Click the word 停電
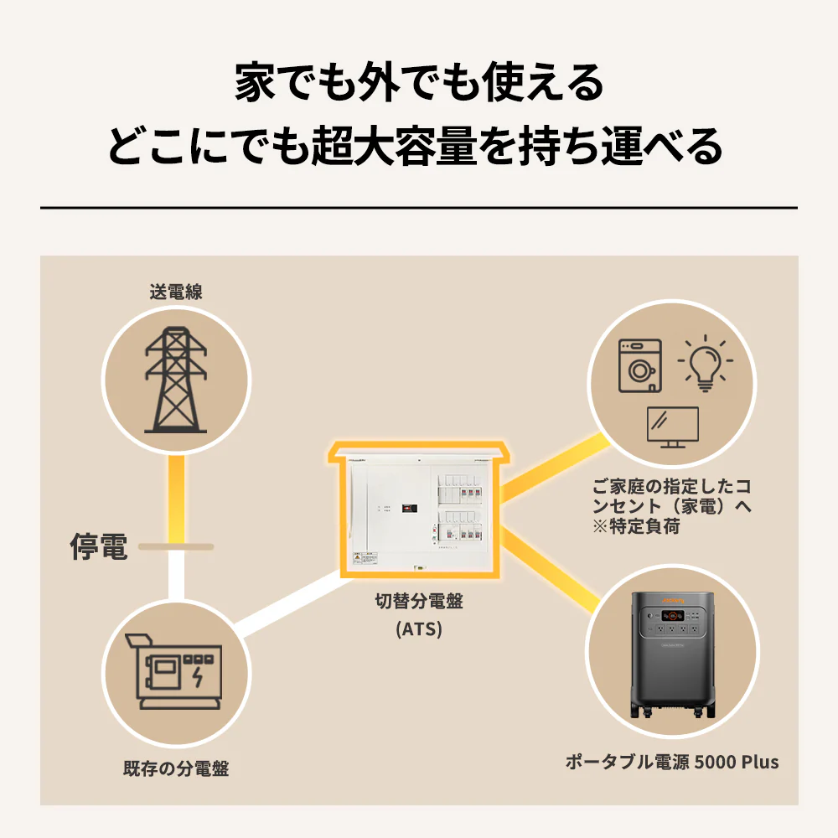pos(98,547)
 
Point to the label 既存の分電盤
pos(175,768)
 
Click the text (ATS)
pos(418,628)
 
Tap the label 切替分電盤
pos(418,601)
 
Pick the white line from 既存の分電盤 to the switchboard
pos(285,598)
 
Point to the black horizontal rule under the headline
pos(418,207)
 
